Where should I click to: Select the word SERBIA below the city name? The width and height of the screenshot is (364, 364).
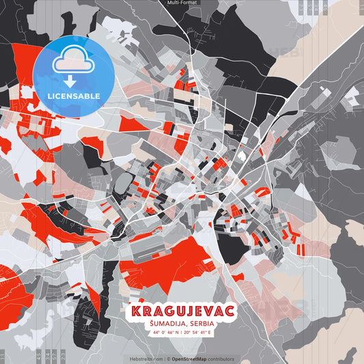click(x=202, y=323)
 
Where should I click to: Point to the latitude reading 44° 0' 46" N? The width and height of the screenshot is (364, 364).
click(x=164, y=333)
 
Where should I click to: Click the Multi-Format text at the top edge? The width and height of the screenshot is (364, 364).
click(x=182, y=3)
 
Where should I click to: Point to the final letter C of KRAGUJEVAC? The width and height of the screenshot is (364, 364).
click(x=230, y=311)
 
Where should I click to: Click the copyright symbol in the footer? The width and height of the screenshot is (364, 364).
click(x=167, y=359)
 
